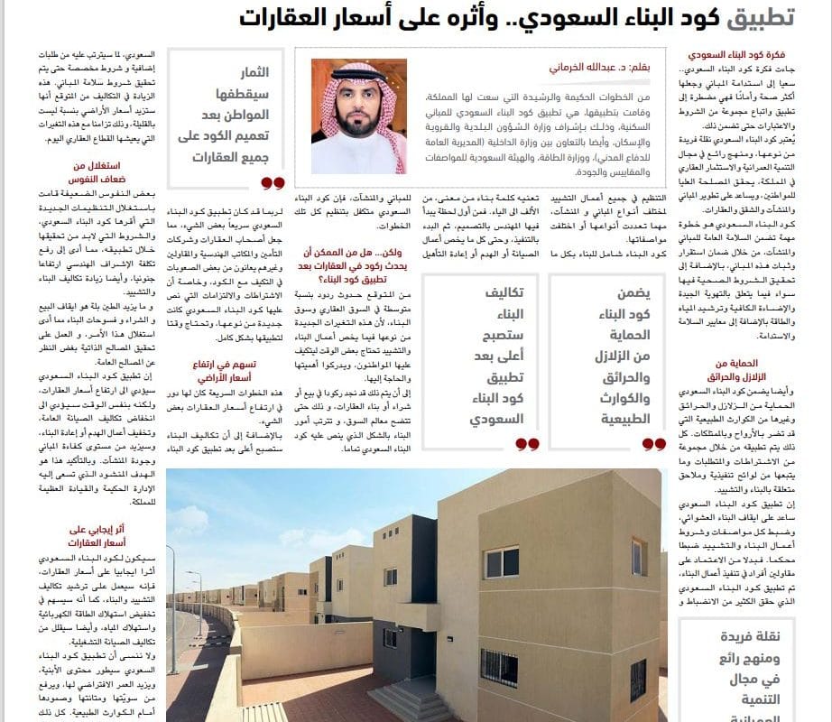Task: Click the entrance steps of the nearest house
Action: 402,699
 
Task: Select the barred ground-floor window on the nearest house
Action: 498,667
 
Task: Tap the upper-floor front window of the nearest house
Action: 502,561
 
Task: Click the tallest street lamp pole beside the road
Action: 171,623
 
